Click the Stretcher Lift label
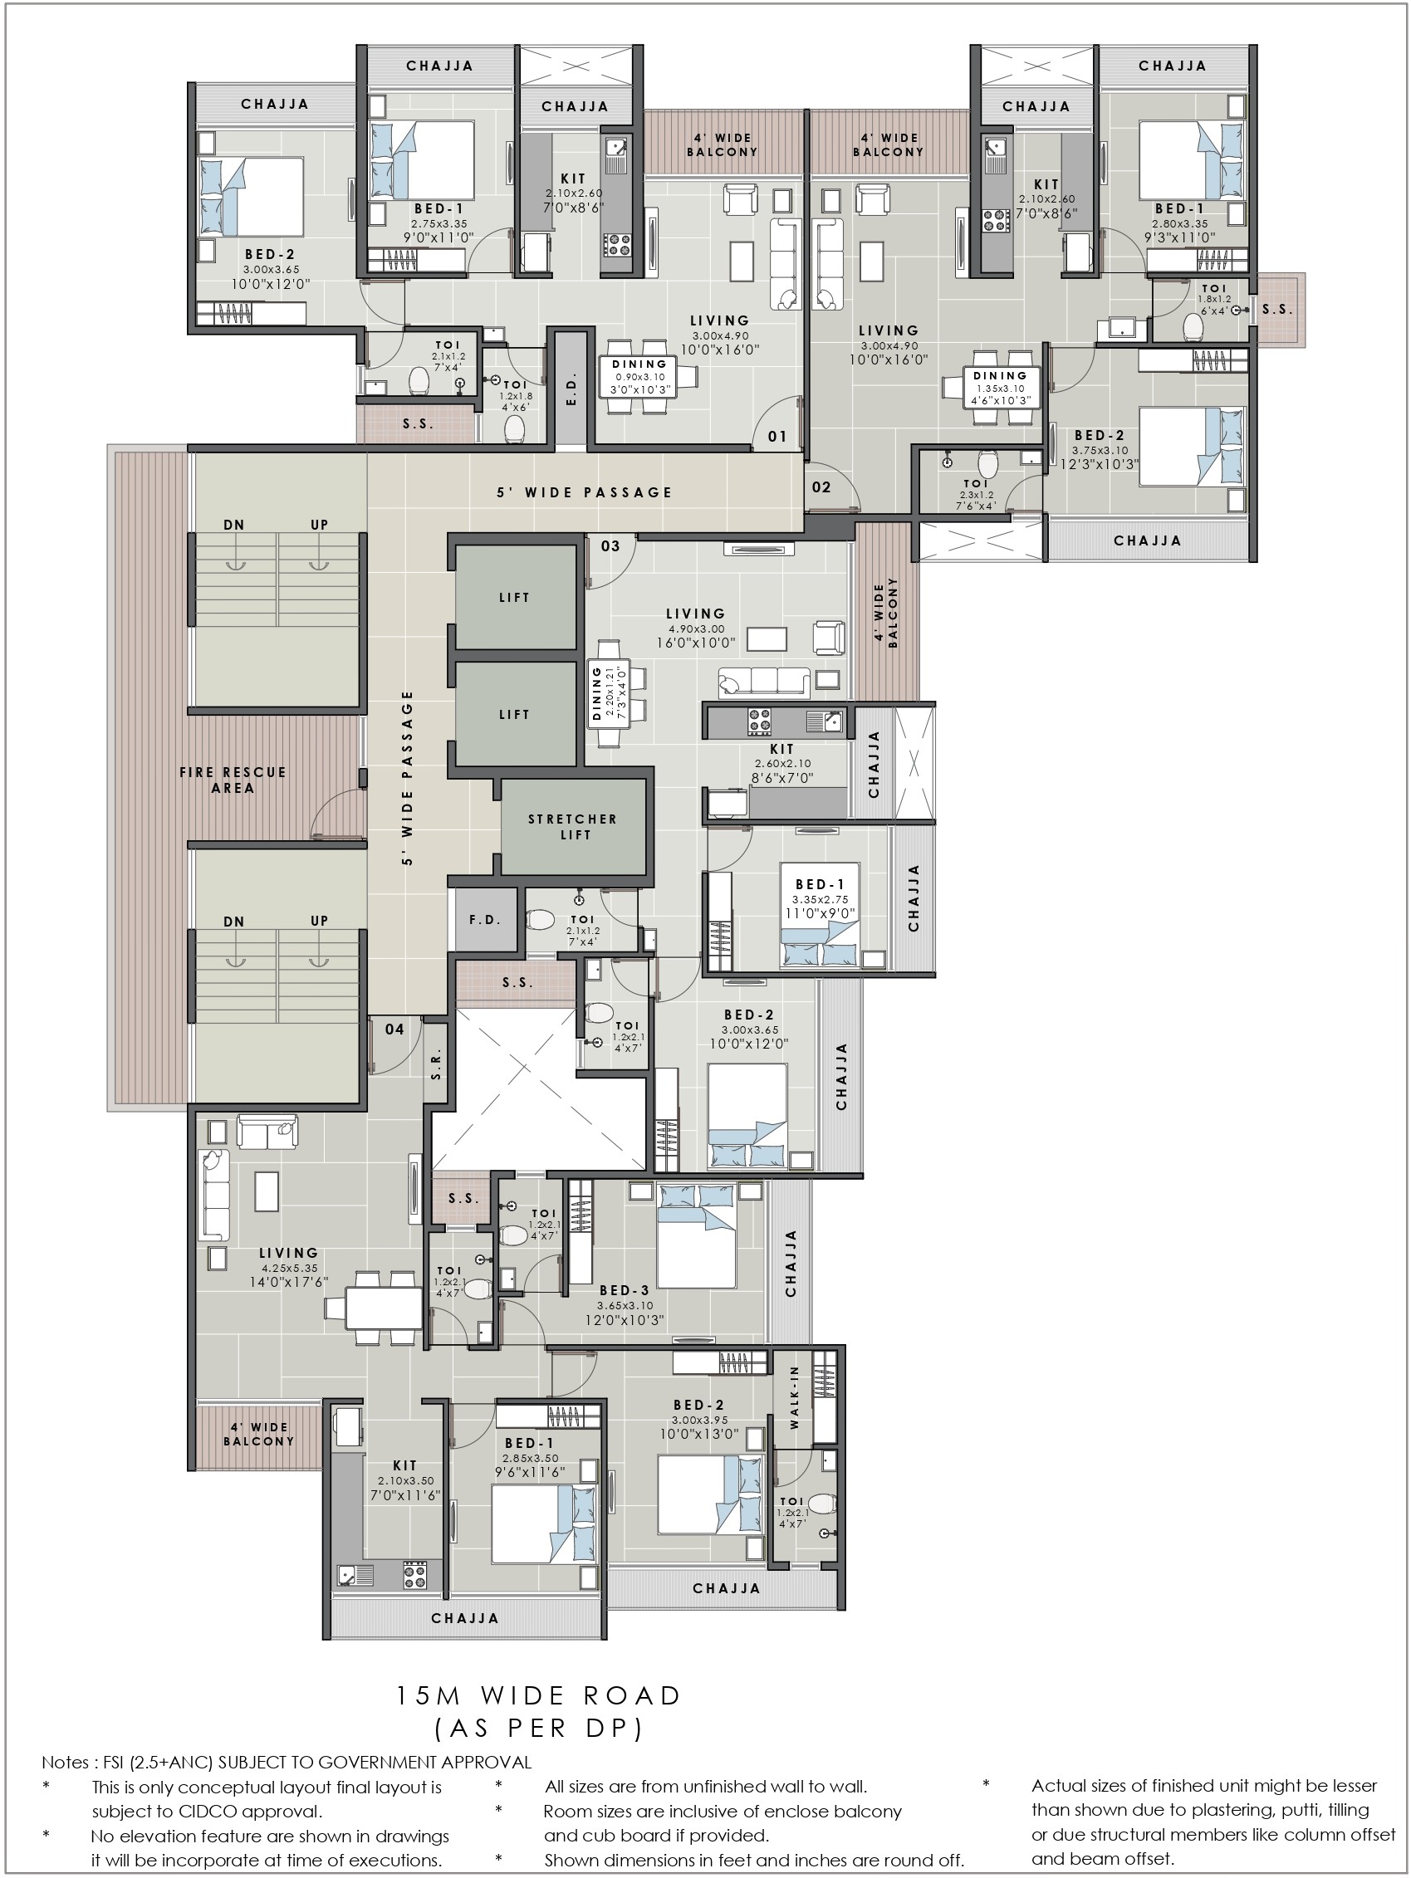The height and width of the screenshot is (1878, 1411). pyautogui.click(x=572, y=827)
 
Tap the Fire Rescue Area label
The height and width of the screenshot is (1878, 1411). pyautogui.click(x=233, y=780)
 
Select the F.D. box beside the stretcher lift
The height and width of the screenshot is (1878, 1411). pyautogui.click(x=486, y=919)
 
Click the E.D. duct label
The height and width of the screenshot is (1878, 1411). pyautogui.click(x=571, y=387)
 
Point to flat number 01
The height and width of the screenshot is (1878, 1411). pyautogui.click(x=777, y=437)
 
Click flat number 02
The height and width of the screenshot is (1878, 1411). pyautogui.click(x=821, y=487)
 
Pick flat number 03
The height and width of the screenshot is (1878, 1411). pyautogui.click(x=610, y=546)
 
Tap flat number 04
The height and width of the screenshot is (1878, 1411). pyautogui.click(x=394, y=1029)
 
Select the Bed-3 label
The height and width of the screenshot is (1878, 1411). pyautogui.click(x=625, y=1289)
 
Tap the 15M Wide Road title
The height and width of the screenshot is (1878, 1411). pyautogui.click(x=539, y=1695)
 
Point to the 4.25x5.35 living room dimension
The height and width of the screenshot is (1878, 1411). pyautogui.click(x=289, y=1268)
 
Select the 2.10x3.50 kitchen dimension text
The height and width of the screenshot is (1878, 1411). pyautogui.click(x=405, y=1480)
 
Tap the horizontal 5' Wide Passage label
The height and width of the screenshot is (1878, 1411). pyautogui.click(x=585, y=492)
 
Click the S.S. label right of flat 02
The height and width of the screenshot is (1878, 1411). pyautogui.click(x=1276, y=310)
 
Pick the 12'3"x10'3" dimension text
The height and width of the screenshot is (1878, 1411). pyautogui.click(x=1100, y=464)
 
